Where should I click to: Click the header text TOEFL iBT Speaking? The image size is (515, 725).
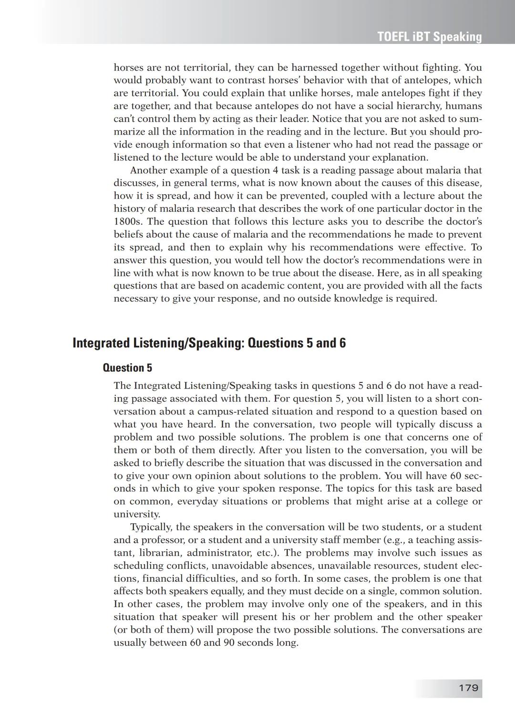pyautogui.click(x=429, y=37)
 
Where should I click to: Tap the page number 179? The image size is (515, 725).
pyautogui.click(x=468, y=688)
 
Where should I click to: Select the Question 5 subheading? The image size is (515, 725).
pyautogui.click(x=127, y=368)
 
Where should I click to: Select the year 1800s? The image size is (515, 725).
pyautogui.click(x=127, y=221)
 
